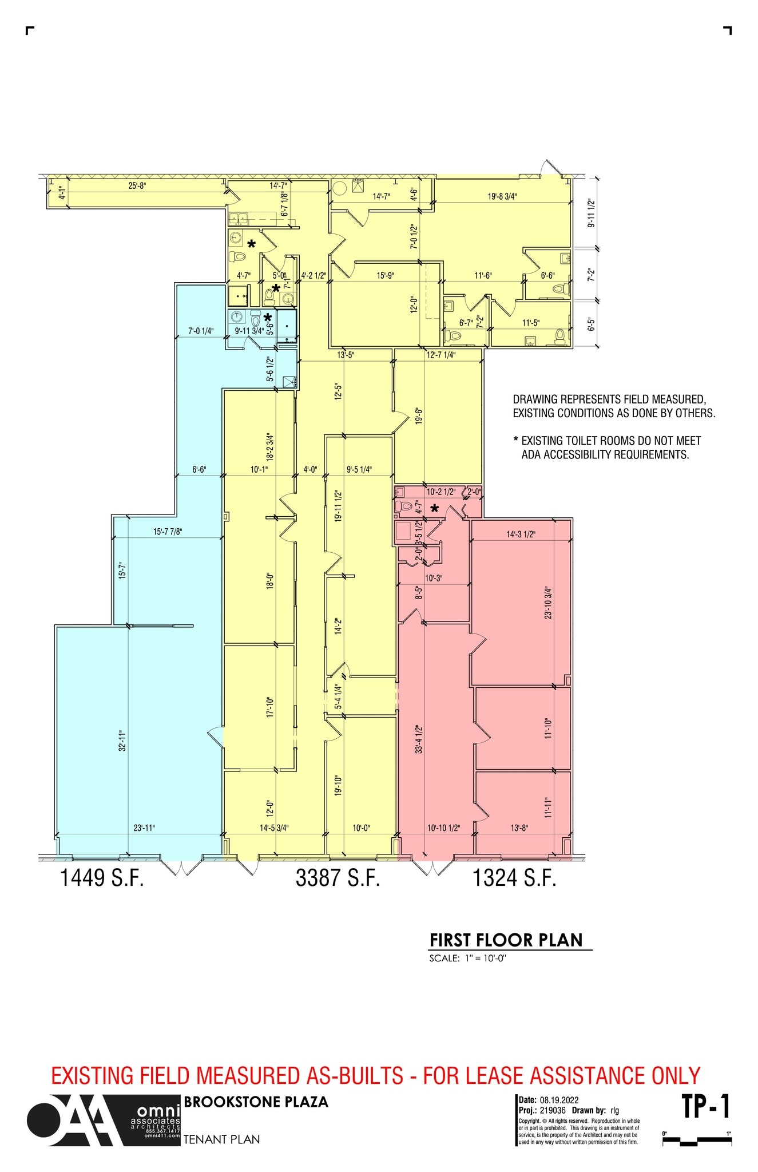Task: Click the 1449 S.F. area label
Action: coord(102,878)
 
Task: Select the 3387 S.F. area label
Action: coord(338,878)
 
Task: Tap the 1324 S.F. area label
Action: coord(514,878)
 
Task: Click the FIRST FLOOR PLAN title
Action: coord(506,940)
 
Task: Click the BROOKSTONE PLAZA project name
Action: coord(256,1102)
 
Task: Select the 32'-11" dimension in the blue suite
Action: coord(122,740)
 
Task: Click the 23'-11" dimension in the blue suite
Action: coord(144,827)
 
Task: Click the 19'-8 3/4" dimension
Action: coord(502,196)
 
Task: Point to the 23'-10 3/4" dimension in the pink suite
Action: coord(548,603)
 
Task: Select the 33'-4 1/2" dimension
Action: coord(419,739)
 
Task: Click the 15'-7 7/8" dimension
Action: coord(168,532)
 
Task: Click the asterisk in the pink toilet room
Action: coord(434,508)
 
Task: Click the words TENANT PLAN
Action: coord(221,1139)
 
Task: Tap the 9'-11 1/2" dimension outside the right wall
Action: coord(592,213)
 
